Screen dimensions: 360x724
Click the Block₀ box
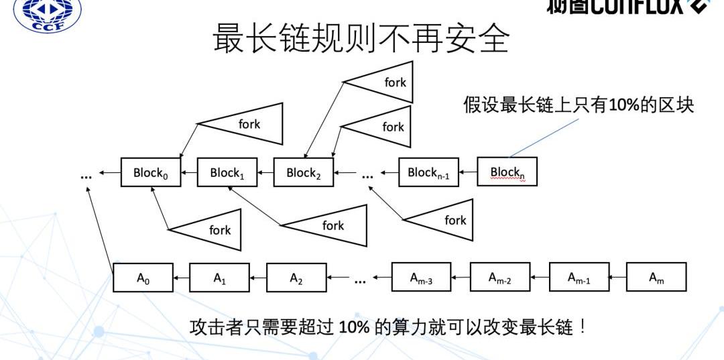coord(151,172)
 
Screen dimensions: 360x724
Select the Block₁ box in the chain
coord(227,172)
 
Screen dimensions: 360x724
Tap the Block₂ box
coord(304,172)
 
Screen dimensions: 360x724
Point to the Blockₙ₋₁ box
coord(428,172)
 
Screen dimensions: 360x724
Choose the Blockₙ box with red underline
coord(507,172)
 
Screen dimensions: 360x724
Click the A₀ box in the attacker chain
coord(143,278)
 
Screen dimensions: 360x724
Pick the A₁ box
coord(219,278)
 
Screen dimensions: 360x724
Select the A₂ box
coord(296,278)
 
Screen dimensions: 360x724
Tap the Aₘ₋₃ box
coord(421,278)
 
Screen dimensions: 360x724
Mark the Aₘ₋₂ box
coord(499,277)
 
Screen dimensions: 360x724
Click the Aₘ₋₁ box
coord(579,277)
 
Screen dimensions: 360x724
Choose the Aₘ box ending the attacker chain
coord(656,277)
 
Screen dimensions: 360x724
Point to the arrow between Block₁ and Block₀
coord(189,173)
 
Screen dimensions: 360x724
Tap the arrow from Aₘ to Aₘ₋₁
coord(617,277)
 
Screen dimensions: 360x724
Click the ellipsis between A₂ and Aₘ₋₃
coord(360,280)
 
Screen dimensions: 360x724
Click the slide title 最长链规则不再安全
coord(361,38)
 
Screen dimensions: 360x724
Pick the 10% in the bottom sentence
coord(353,327)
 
